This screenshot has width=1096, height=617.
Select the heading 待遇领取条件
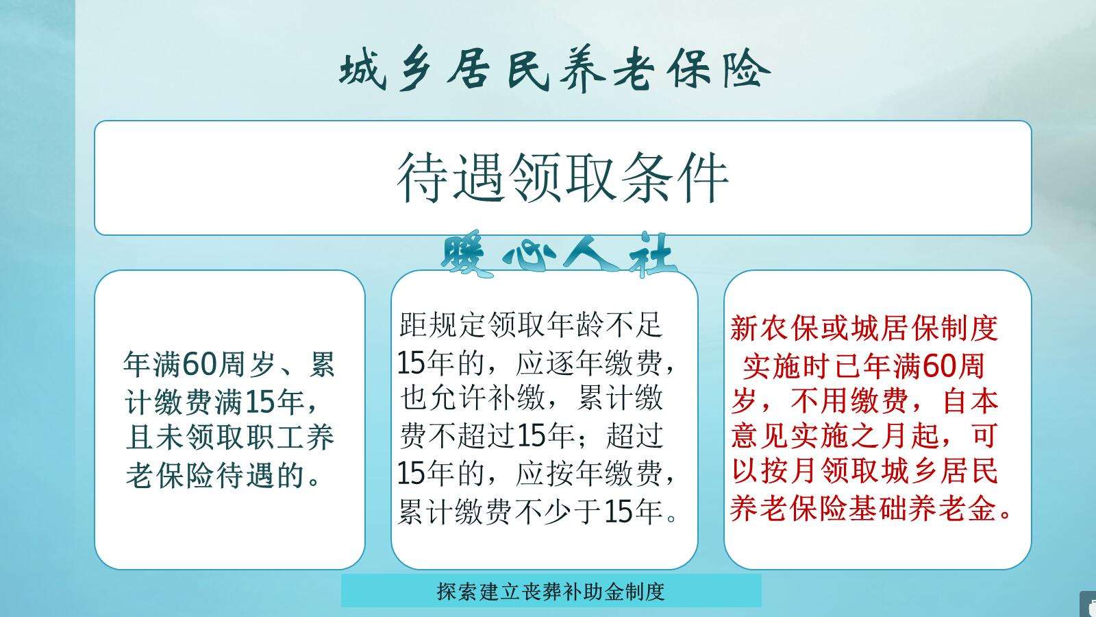click(562, 178)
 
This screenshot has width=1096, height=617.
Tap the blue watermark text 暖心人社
click(558, 257)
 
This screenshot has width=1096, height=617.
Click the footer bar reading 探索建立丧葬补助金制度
click(551, 591)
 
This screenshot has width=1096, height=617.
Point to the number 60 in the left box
click(199, 363)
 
